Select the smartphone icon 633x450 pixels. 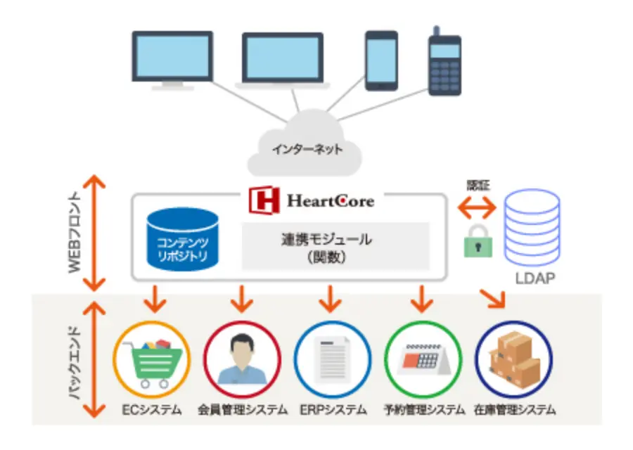pyautogui.click(x=382, y=59)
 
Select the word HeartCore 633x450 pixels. pyautogui.click(x=330, y=202)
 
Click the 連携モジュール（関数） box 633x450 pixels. pyautogui.click(x=335, y=246)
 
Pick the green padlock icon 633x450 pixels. pyautogui.click(x=478, y=243)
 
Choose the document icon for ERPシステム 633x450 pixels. pyautogui.click(x=332, y=360)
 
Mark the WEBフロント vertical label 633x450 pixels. pyautogui.click(x=75, y=233)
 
